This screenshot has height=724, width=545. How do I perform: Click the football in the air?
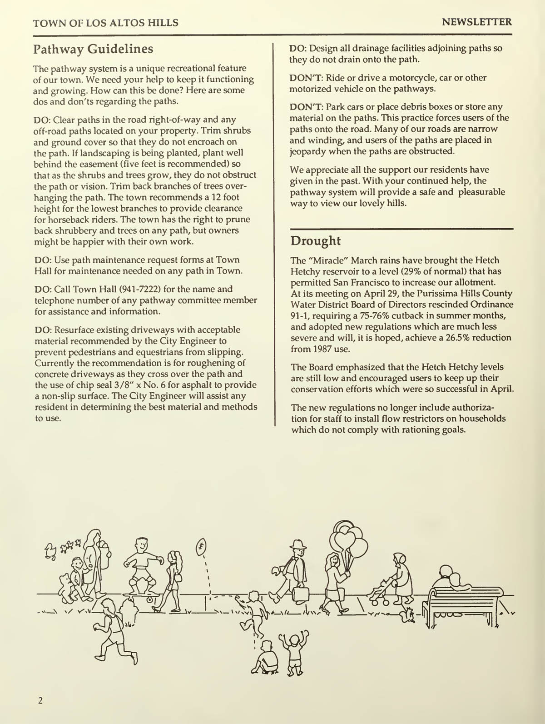tap(201, 546)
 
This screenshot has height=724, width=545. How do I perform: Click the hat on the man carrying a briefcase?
tap(297, 545)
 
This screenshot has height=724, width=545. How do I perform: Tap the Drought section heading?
tap(316, 240)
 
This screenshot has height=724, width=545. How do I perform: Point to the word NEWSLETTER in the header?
tap(477, 22)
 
